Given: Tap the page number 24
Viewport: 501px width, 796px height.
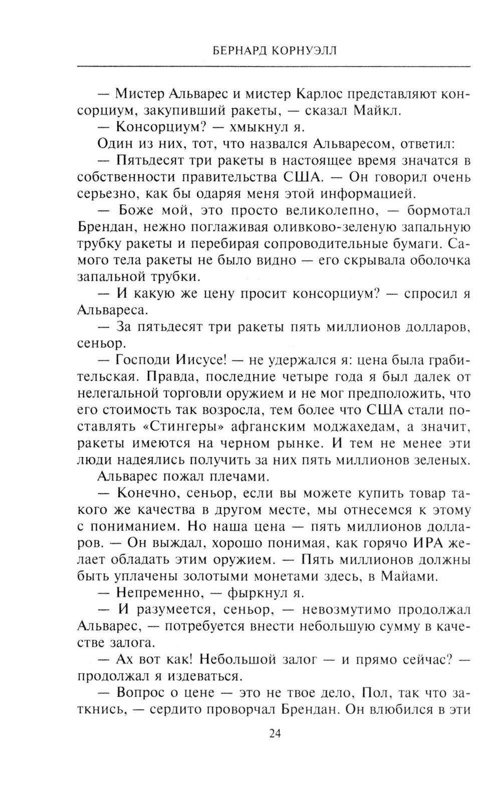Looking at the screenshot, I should tap(275, 734).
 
